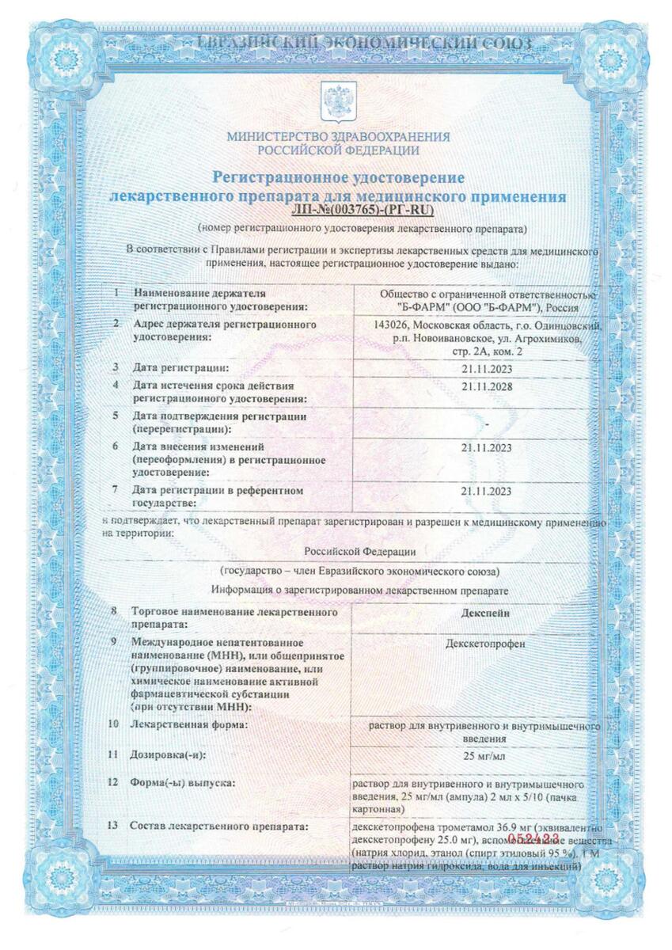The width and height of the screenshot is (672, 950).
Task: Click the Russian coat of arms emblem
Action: pos(336,101)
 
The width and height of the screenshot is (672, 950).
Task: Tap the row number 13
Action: pos(115,826)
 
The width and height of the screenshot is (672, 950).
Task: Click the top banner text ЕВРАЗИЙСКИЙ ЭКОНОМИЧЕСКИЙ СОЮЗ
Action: pos(336,42)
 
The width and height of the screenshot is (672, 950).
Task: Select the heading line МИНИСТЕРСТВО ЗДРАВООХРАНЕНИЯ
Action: pos(337,136)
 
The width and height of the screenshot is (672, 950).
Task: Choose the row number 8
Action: pos(115,612)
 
